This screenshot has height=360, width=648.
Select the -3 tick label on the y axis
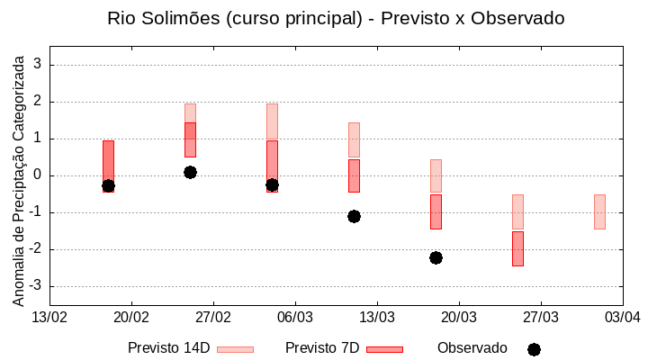(x=36, y=286)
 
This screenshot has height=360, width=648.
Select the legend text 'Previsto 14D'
(x=169, y=348)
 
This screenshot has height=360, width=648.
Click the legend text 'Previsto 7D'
(x=322, y=348)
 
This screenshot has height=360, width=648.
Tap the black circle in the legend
(x=534, y=349)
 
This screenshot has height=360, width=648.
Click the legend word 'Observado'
(x=472, y=348)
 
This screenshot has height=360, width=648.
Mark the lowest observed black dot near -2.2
(x=436, y=257)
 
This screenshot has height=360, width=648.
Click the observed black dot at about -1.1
(x=354, y=216)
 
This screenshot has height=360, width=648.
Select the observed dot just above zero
(x=190, y=172)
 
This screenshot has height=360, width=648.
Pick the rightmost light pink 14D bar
(x=599, y=211)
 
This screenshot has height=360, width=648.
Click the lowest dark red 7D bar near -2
(x=517, y=248)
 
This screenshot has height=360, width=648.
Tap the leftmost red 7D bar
(x=108, y=162)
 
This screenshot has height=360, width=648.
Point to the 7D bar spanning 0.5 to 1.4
(x=190, y=139)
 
